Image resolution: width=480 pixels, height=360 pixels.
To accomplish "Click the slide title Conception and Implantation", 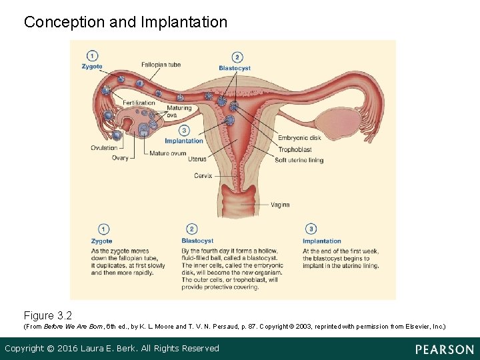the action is pos(125,22).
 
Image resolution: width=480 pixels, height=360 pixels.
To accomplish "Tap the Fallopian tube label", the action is pos(161,65).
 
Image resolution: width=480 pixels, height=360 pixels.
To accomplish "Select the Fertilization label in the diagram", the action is pos(139,103).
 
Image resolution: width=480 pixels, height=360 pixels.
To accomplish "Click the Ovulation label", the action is pos(104,148).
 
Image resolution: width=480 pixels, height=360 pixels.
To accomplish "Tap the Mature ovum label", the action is pos(168,153).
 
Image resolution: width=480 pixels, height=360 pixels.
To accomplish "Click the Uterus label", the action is pos(197,159).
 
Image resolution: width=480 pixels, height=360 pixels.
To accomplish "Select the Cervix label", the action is pos(203,176).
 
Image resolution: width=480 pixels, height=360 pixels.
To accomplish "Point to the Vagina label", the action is pos(280,205).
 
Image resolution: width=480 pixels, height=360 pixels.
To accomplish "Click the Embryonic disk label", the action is pos(299,139).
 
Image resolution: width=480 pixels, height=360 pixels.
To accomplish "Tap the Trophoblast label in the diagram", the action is pos(295,149).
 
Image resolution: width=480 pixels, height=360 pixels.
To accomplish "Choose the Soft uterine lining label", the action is pos(299,160).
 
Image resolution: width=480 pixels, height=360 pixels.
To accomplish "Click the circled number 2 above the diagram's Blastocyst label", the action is pos(237,58).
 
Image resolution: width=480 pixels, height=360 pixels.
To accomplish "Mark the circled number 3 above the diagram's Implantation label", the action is pos(184,131).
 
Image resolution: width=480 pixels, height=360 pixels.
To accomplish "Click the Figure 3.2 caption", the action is pos(47,315).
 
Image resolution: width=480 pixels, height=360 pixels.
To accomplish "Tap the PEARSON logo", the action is pos(444,349).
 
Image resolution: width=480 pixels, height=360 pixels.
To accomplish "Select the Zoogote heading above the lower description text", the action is pos(102,241).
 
